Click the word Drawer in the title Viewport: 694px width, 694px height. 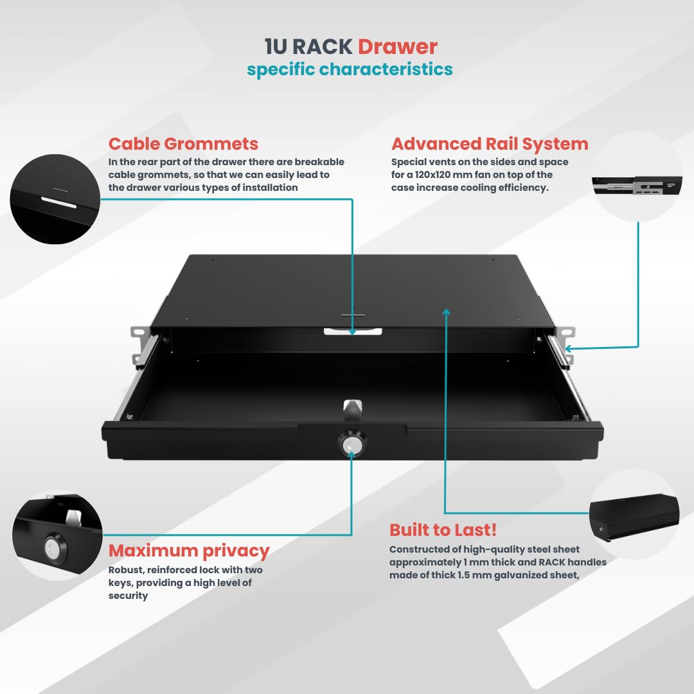tap(398, 46)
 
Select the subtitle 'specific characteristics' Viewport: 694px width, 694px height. tap(350, 69)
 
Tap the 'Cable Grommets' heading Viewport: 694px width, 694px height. tap(183, 144)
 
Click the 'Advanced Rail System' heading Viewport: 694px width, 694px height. tap(490, 144)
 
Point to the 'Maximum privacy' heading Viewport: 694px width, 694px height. tap(189, 551)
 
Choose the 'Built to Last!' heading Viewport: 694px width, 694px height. tap(443, 529)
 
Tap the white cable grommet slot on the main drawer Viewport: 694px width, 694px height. tap(353, 332)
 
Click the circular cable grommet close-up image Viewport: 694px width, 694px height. tap(55, 199)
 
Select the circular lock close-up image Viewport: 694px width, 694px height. tap(58, 535)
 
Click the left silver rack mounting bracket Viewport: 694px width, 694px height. tap(143, 345)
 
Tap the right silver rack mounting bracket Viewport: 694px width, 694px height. tap(563, 345)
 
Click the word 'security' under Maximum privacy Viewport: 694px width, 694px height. tap(129, 596)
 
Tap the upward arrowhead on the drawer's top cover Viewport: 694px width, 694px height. tap(446, 312)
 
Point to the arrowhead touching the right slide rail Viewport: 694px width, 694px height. tap(569, 349)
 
